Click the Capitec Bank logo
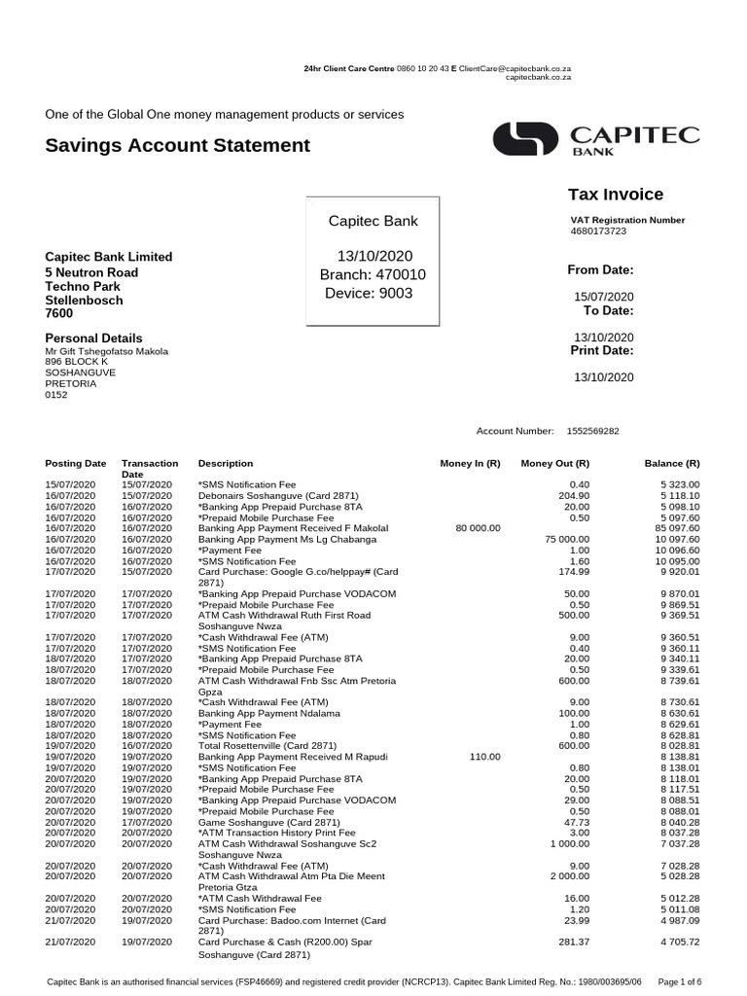[595, 140]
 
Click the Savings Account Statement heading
[177, 146]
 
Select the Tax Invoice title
[615, 195]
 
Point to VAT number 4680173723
[598, 231]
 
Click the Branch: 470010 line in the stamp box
[373, 275]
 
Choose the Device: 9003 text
[369, 294]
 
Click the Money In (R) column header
[470, 464]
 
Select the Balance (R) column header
[672, 464]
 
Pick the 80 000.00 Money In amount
[478, 528]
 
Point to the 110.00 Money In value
[484, 756]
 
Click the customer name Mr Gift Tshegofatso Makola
[107, 351]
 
